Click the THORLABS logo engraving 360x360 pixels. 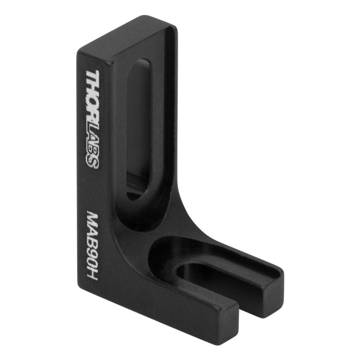(92, 119)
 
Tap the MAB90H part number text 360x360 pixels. (92, 246)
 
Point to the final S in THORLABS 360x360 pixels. (92, 162)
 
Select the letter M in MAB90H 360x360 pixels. (92, 218)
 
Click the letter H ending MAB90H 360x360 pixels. (92, 275)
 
